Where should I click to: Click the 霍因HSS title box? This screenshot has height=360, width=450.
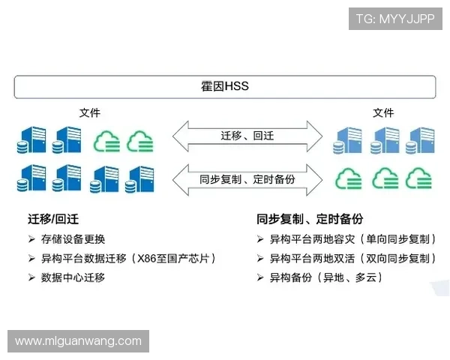224,87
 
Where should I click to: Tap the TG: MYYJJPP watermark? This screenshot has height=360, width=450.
395,18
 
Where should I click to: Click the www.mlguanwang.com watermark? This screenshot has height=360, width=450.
78,341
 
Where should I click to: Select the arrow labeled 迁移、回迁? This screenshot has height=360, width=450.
247,136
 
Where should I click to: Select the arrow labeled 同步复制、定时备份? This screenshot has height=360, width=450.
247,179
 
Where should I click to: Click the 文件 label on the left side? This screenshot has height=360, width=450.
90,113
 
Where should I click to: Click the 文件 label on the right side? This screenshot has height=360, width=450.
383,113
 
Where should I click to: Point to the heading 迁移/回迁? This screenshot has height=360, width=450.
53,219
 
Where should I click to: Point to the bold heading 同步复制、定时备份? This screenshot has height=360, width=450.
310,219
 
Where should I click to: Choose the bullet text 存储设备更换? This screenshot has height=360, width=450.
73,239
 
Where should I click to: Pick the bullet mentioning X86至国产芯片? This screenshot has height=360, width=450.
129,259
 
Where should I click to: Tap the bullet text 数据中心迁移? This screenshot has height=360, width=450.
73,277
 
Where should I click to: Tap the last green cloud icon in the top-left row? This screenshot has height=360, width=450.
140,140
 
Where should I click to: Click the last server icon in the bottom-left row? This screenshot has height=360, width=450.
140,179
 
